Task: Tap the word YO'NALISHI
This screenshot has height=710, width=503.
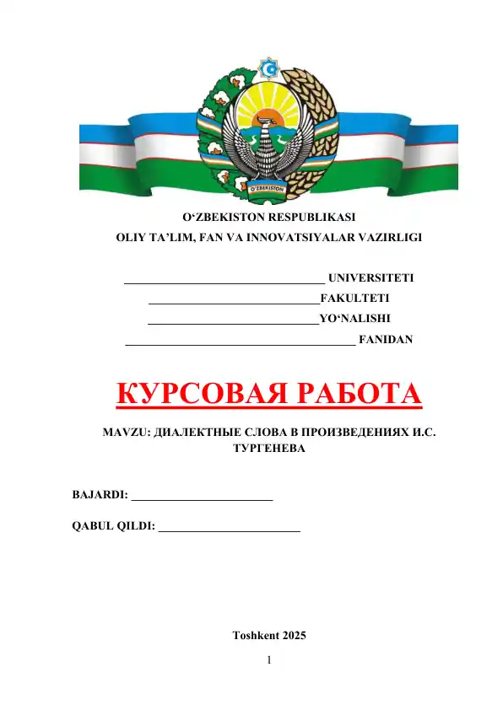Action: tap(354, 319)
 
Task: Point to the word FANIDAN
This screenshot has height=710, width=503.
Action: tap(386, 340)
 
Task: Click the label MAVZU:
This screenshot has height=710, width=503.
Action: tap(126, 432)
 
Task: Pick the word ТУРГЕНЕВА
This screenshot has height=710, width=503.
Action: tap(268, 449)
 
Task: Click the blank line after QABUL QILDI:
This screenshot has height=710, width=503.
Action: tap(230, 527)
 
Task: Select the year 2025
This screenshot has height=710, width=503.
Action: tap(295, 635)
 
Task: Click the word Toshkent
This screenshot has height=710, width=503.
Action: tap(255, 635)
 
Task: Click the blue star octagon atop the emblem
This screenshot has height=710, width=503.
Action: tap(269, 67)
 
